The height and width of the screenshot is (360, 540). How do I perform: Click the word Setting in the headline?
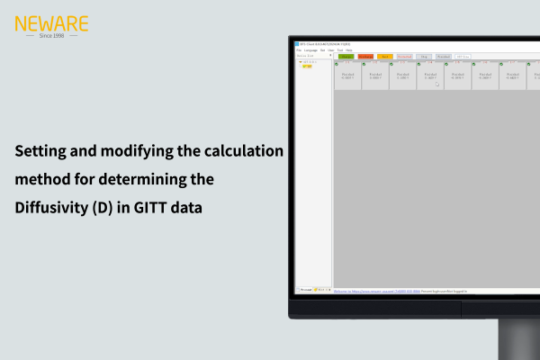(41, 151)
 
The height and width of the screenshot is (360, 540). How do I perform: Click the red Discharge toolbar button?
(365, 56)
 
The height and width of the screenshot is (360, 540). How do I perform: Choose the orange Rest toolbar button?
(385, 56)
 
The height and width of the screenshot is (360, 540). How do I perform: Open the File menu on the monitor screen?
(299, 49)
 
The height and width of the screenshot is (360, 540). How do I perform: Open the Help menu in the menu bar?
(349, 49)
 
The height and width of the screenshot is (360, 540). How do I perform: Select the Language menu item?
(311, 49)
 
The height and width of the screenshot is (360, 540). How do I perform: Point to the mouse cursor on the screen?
(437, 84)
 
